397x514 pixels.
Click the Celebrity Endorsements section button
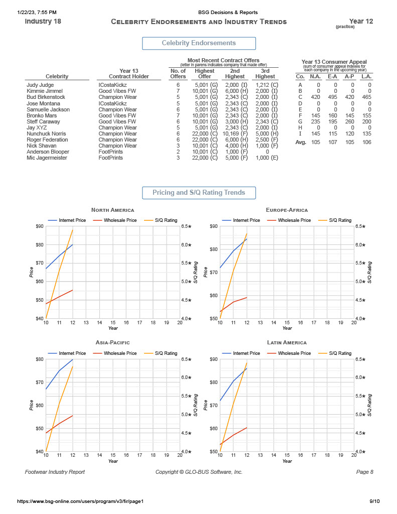pos(199,43)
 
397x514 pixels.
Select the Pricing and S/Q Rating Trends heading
pos(199,193)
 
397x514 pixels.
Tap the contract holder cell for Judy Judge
pos(112,85)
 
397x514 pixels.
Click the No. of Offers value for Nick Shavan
pos(178,146)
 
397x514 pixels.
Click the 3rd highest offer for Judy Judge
pos(266,85)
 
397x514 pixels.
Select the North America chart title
pos(112,210)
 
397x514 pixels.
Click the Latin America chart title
pos(287,342)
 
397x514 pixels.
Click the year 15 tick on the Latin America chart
pos(287,455)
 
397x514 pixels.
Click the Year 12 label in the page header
pos(361,21)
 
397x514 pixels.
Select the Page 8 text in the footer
pos(365,472)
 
